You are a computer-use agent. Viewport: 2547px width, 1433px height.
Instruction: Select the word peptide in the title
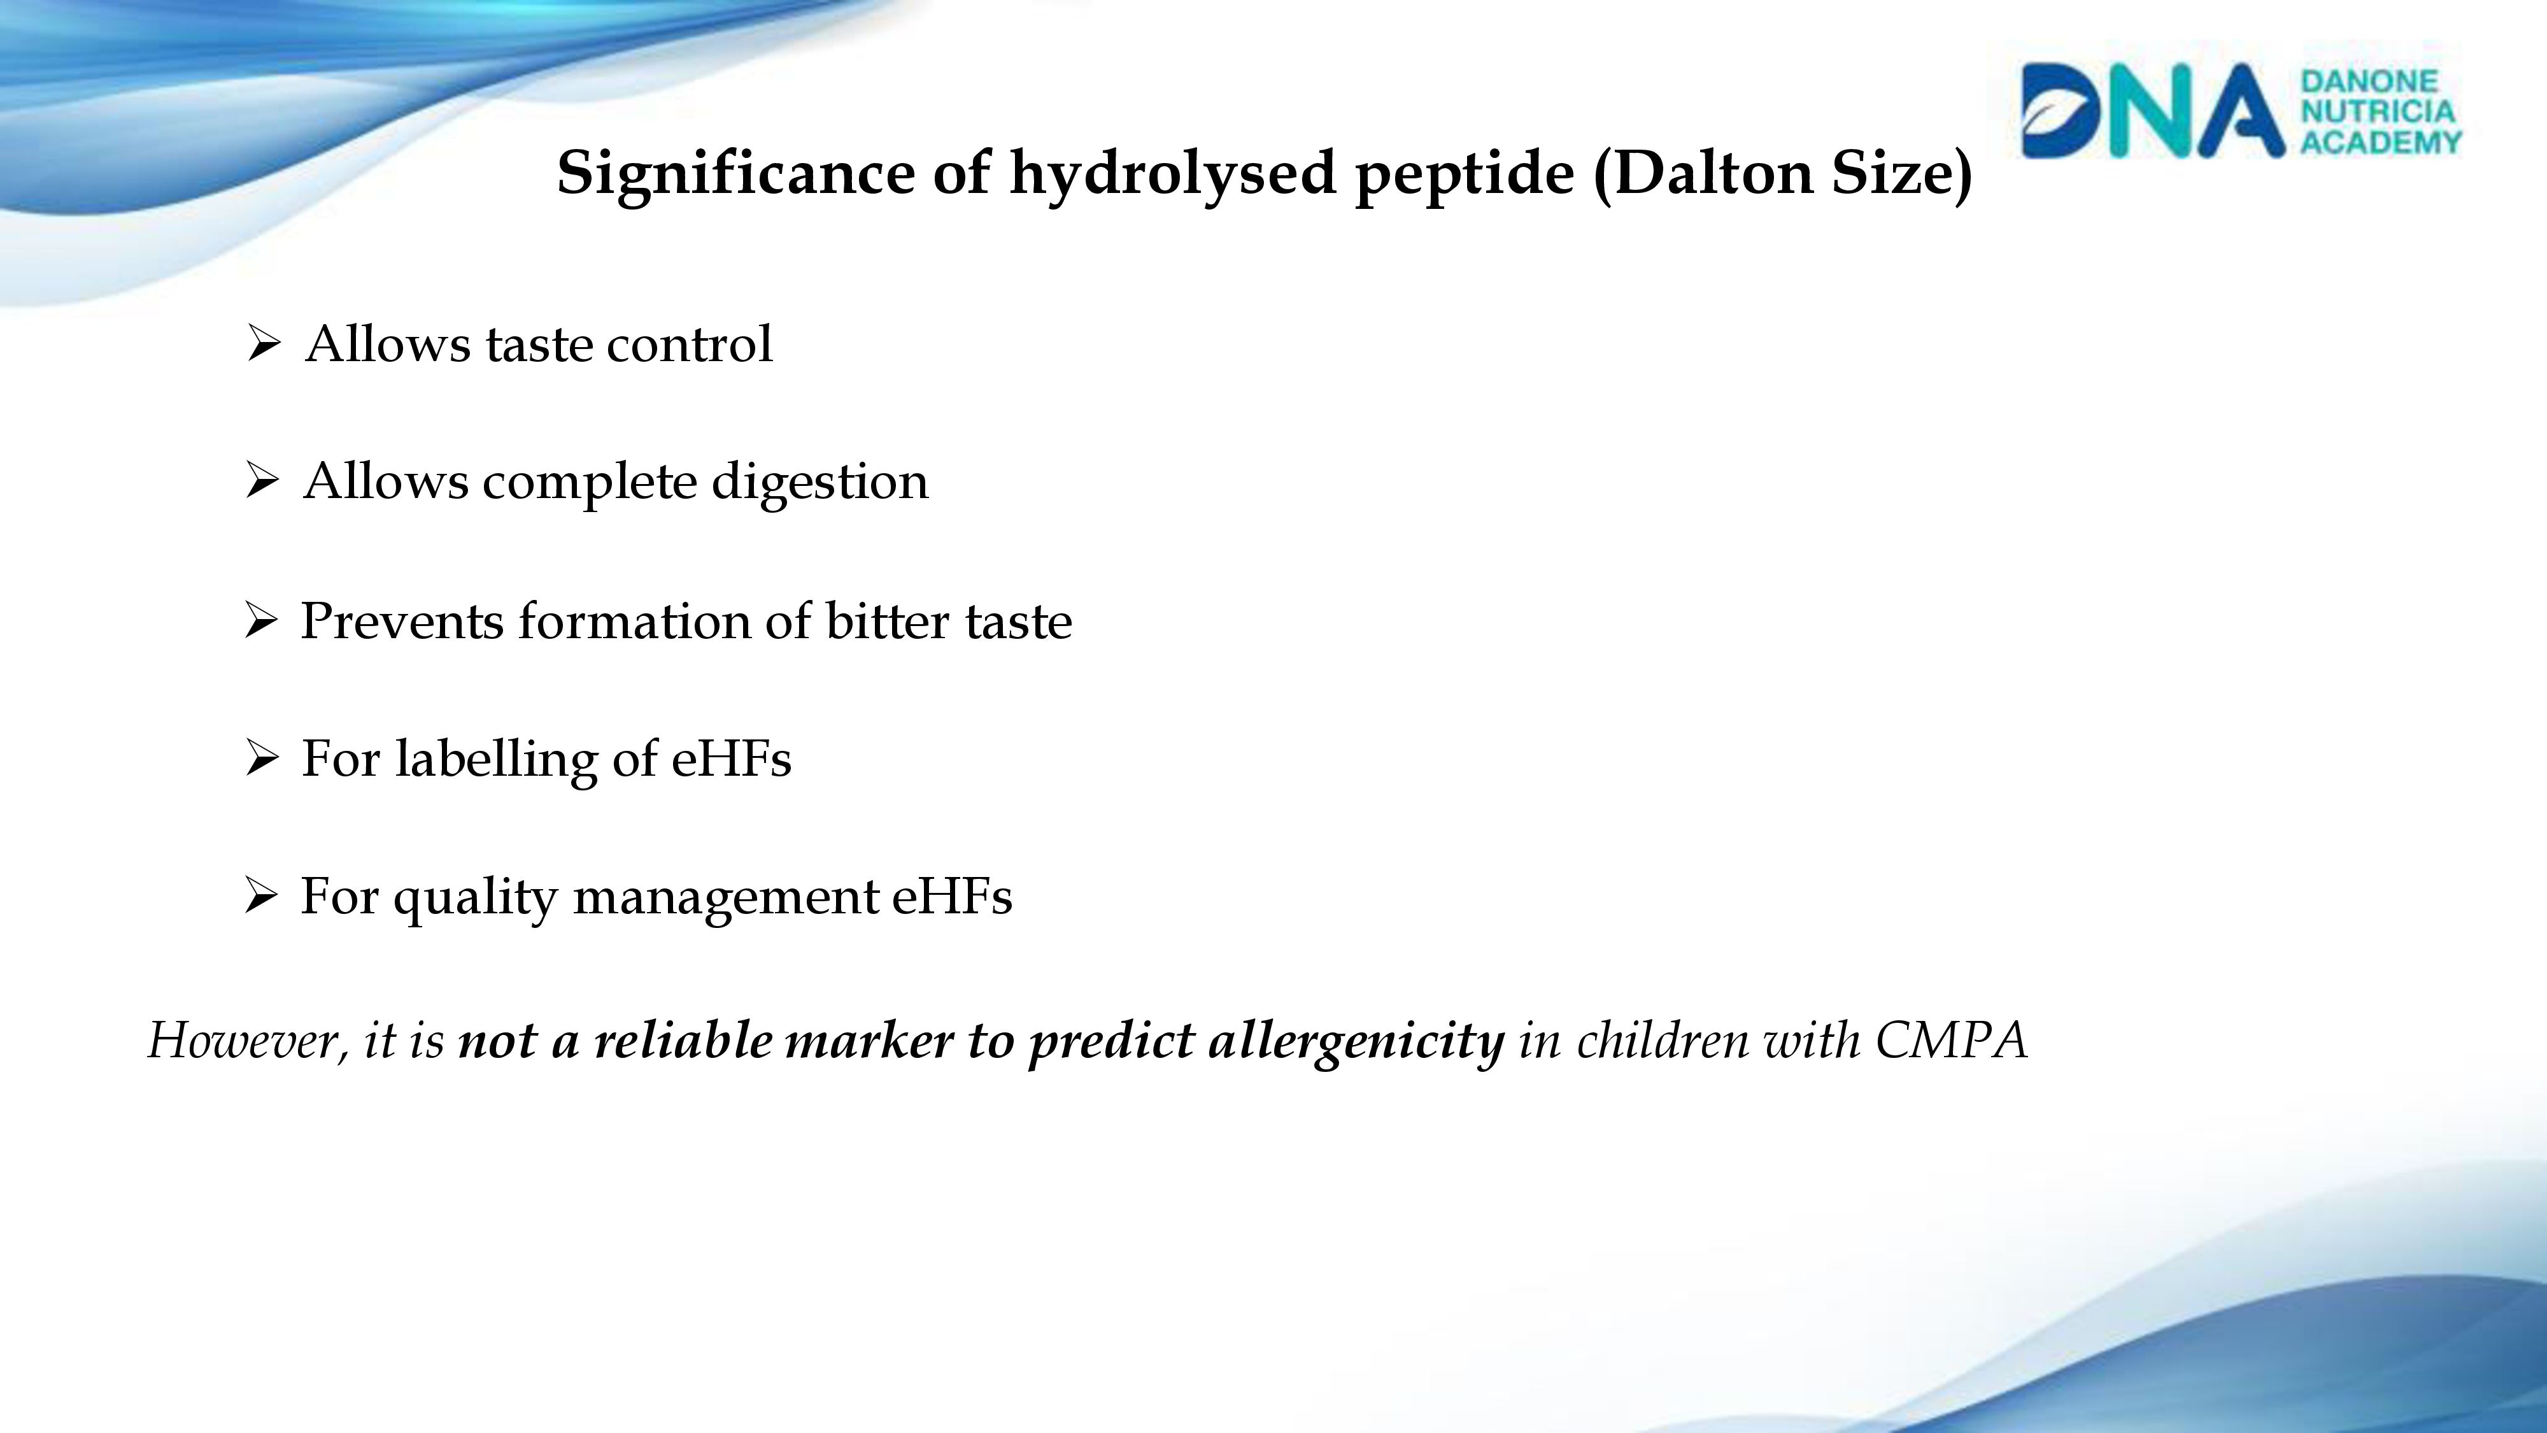[x=1463, y=174]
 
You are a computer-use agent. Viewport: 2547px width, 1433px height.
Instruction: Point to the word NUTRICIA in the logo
[x=2378, y=111]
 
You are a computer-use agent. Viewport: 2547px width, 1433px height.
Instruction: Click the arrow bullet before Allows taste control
[x=263, y=344]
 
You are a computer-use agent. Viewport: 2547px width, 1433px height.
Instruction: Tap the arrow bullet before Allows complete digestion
[x=263, y=481]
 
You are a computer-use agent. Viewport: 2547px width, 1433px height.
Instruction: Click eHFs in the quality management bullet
[x=952, y=896]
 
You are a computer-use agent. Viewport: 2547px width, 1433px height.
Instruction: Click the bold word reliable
[x=682, y=1041]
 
